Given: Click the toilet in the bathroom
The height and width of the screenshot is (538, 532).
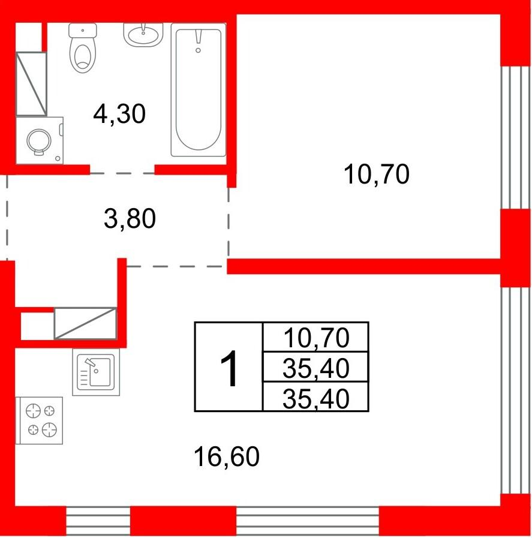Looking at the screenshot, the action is click(83, 47).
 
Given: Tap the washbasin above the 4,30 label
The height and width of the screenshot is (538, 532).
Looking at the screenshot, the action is click(143, 35).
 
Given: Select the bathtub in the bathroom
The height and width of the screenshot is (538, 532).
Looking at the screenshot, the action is click(199, 89).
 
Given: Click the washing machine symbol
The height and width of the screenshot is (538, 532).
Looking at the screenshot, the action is click(40, 141).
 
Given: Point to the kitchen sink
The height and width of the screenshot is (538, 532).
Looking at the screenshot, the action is click(96, 372).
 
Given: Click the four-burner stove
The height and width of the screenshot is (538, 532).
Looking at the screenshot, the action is click(39, 420).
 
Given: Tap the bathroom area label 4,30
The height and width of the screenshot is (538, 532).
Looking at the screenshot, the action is click(119, 114).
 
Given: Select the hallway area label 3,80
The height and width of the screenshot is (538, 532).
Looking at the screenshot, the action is click(130, 218).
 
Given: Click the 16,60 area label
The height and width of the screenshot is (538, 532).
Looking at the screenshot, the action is click(226, 456).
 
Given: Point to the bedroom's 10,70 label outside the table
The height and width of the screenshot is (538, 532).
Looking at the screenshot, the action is click(376, 175).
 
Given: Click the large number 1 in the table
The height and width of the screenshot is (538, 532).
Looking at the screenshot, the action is click(229, 369).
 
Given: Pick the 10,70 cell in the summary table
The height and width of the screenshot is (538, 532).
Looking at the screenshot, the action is click(315, 337).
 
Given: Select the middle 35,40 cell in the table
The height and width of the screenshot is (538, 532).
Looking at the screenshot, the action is click(315, 367).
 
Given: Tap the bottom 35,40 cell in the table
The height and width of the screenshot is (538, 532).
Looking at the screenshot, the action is click(315, 397).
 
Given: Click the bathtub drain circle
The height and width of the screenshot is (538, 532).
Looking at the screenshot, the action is click(198, 50).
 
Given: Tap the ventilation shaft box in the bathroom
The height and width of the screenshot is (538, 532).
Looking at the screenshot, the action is click(31, 84).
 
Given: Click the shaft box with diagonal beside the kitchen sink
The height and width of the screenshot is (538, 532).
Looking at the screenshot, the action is click(85, 323).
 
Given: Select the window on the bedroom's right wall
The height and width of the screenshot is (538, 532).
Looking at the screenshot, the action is click(516, 137).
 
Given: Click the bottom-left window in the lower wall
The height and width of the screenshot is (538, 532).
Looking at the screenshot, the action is click(98, 521).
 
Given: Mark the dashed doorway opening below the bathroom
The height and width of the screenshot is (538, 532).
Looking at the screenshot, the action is click(122, 173).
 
